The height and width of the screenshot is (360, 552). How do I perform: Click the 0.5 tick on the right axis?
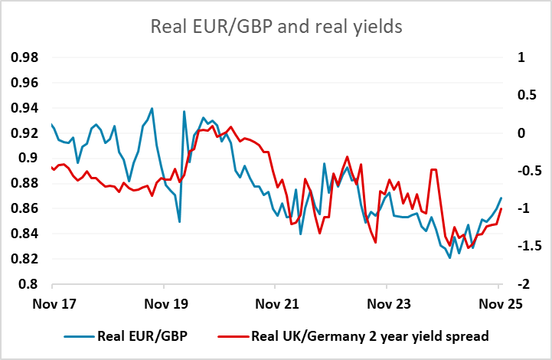coord(524,95)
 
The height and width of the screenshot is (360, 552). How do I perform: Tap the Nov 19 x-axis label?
coord(165,303)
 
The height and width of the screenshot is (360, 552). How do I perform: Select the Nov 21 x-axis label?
coord(276,303)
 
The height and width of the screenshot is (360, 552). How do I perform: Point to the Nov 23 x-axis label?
coord(388,303)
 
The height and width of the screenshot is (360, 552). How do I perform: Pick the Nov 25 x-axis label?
coord(499,303)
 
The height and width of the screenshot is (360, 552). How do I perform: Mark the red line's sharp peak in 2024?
coord(434,169)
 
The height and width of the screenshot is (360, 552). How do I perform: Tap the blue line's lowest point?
coord(450,258)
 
